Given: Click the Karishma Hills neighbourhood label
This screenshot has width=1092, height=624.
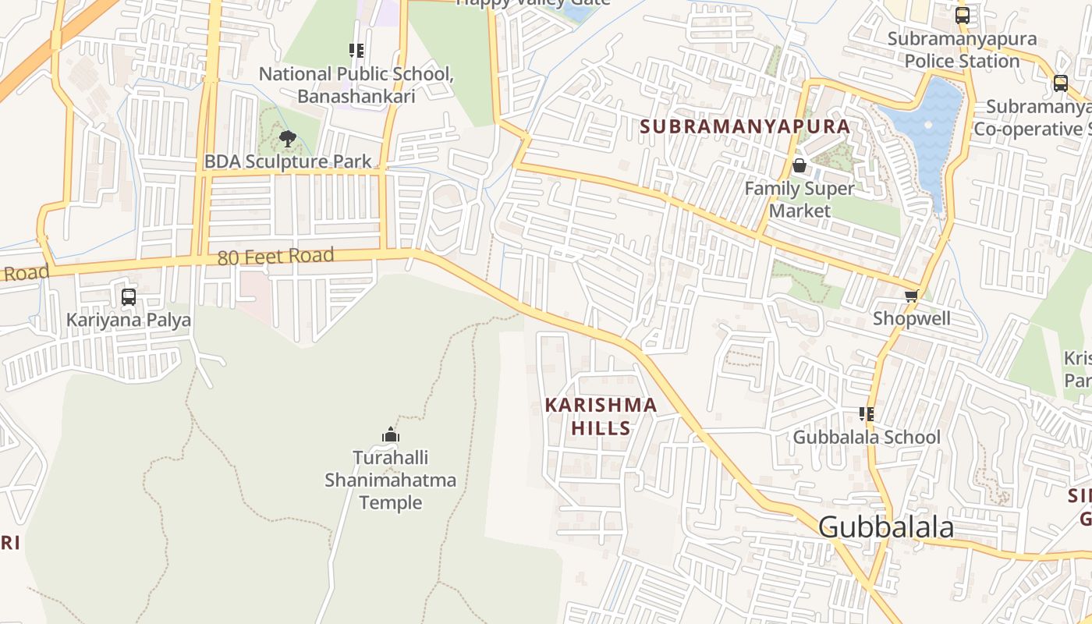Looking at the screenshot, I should pos(601,417).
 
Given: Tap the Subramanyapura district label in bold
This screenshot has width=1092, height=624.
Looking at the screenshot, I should pos(745,126).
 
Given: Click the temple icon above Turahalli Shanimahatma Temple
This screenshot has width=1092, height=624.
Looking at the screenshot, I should pos(391,434).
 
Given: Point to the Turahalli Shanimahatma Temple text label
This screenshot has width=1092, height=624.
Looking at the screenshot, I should pos(391,480).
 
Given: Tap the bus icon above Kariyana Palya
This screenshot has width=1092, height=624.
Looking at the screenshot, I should pos(129,297).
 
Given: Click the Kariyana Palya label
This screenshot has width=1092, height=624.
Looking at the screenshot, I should pos(129,320).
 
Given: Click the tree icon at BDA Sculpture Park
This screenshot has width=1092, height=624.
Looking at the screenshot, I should pos(288,140).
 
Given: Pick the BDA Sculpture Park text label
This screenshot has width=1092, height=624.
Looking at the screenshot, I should pos(288,161).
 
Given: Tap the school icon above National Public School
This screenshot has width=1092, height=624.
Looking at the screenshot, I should pos(356,51).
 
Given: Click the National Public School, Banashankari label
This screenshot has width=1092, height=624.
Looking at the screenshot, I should pos(356,85).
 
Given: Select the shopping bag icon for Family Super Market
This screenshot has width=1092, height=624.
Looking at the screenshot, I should pos(799,165).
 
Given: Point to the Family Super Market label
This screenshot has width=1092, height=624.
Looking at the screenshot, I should pos(799,200).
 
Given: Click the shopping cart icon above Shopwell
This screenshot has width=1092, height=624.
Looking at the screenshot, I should pos(911,296).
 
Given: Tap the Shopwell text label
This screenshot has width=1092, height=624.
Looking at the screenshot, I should pos(911,318).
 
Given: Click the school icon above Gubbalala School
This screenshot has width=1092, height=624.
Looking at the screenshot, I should pos(867,414).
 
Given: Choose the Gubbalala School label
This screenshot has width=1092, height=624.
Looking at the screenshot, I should pos(867,437).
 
